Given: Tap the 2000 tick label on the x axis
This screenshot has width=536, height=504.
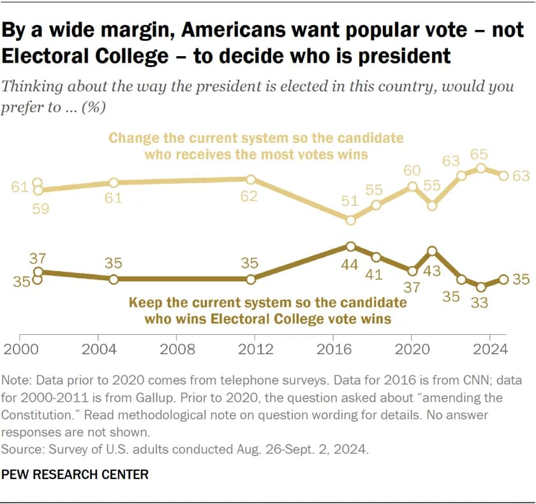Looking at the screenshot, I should [x=22, y=350].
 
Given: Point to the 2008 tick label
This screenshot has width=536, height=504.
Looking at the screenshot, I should [x=178, y=350].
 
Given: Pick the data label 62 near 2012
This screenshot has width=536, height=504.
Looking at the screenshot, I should [x=249, y=196].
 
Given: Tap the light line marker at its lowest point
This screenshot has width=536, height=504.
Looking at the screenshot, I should [x=350, y=219].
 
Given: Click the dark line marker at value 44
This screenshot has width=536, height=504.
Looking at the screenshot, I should [x=350, y=246].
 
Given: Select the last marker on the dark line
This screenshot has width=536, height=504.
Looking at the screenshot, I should [x=503, y=279].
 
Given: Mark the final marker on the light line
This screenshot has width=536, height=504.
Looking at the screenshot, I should [x=503, y=175].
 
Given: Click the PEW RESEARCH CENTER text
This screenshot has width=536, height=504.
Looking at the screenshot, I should [x=75, y=474].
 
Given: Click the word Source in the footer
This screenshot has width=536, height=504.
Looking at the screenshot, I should [x=20, y=449].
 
